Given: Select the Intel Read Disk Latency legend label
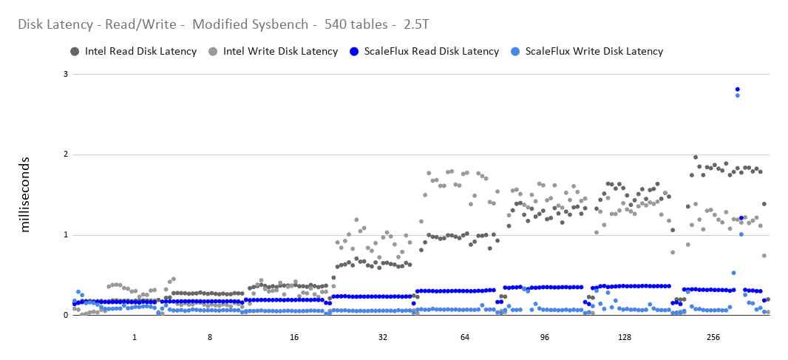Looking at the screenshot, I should point(140,52).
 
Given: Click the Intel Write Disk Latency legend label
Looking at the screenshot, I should point(280,52).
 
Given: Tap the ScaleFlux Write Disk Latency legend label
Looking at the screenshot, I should point(594,52).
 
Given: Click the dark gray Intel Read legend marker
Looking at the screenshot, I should point(75,52).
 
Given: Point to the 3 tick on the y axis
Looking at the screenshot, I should point(65,75).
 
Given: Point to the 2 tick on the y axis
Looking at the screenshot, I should point(65,154).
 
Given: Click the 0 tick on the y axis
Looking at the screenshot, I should point(65,316).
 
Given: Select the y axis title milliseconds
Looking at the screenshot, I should point(25,194).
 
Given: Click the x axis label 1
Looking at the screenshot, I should point(135,338).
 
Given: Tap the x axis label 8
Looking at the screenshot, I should point(210,338).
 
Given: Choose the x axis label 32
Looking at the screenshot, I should point(383,338).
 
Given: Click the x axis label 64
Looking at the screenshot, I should point(465,338).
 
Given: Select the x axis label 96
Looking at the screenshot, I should point(545,338).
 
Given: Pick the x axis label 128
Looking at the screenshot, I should point(624,338).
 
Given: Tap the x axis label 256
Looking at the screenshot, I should point(713,338).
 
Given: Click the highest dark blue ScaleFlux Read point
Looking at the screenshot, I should point(738,89).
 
